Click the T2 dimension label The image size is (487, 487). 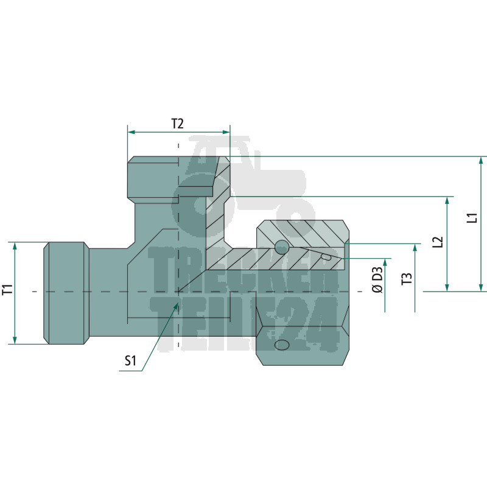coord(177,124)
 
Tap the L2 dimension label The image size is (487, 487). coord(437,242)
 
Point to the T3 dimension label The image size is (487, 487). coord(407,279)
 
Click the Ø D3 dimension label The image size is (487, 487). coord(377,280)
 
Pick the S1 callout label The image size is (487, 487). coord(130,361)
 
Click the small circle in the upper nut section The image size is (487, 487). coord(282,247)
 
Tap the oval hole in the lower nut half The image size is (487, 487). coord(282,345)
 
